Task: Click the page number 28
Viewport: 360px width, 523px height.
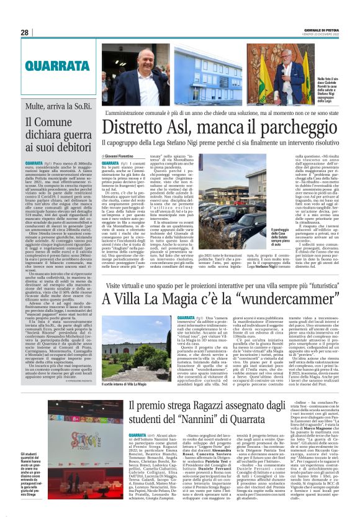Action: pos(24,32)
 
